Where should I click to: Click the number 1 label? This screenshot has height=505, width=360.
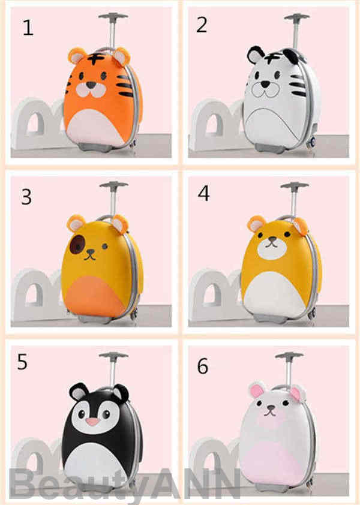click(x=28, y=28)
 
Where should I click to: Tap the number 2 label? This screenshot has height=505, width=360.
click(x=202, y=25)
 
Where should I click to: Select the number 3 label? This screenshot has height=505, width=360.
click(x=26, y=197)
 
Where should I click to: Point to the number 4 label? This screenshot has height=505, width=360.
click(x=203, y=193)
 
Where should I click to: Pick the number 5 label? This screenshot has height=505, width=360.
click(x=22, y=362)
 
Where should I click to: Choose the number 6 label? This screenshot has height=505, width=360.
click(x=203, y=366)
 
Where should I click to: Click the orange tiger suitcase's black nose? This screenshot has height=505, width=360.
click(x=91, y=85)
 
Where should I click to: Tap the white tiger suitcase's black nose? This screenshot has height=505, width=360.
click(x=265, y=84)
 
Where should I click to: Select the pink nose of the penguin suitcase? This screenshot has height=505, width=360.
click(x=93, y=422)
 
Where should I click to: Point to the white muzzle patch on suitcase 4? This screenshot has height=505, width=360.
click(x=272, y=248)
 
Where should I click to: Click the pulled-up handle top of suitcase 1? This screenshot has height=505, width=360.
click(x=113, y=16)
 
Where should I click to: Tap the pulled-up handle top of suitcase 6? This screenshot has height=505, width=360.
click(x=289, y=355)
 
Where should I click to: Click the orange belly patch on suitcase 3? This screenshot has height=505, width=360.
click(x=97, y=296)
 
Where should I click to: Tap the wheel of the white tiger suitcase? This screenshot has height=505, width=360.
click(x=311, y=143)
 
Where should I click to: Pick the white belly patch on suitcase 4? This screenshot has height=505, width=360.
click(x=274, y=298)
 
